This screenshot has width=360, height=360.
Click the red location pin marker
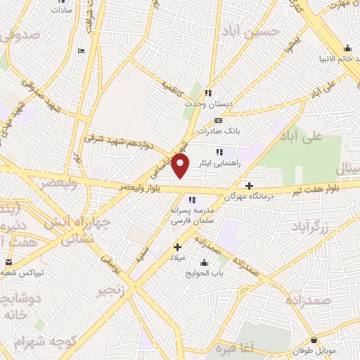181,166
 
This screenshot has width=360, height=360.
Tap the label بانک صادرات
219,131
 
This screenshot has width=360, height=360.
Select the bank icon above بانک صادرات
218,120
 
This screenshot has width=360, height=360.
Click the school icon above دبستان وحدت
207,93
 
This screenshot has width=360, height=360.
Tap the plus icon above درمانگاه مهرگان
249,186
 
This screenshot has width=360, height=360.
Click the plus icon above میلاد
178,247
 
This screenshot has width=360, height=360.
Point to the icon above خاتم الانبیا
347,49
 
